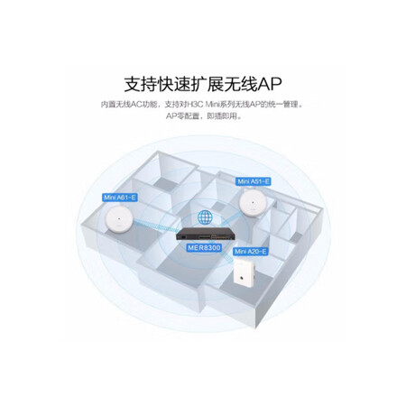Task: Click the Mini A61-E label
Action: pos(120,198)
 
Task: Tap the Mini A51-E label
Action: pos(254,181)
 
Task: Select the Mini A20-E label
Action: pos(251,251)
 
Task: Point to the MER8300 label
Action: pos(204,248)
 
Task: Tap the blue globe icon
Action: pos(205,217)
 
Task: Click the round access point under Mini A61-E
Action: pos(120,220)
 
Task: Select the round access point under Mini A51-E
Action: pos(254,203)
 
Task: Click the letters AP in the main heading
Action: pos(270,84)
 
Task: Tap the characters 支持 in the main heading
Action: pos(141,84)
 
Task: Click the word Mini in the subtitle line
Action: pos(213,105)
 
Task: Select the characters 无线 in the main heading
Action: pos(242,84)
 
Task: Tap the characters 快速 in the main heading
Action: pos(174,84)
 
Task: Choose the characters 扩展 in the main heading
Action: pos(208,84)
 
